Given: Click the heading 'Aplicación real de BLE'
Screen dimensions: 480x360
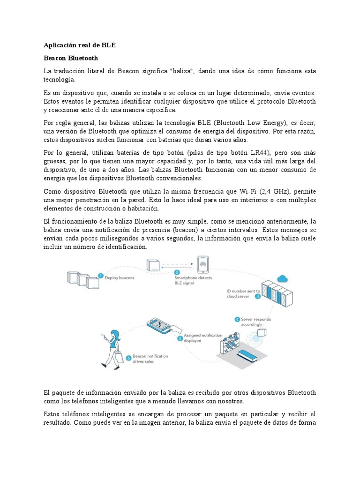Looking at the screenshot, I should [x=79, y=45].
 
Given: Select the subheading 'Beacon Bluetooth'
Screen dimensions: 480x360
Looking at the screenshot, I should [x=71, y=58].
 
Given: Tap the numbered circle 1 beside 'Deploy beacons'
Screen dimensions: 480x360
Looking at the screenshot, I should [x=100, y=277].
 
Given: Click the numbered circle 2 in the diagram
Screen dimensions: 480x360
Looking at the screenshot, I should [x=177, y=272].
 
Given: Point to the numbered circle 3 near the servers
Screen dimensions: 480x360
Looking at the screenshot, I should [x=257, y=296].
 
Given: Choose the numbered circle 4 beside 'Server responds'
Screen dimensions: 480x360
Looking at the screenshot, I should [x=237, y=320].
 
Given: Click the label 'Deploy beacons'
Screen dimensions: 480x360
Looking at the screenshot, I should [x=119, y=277].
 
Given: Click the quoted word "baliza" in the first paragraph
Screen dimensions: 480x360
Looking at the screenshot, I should [x=184, y=71].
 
